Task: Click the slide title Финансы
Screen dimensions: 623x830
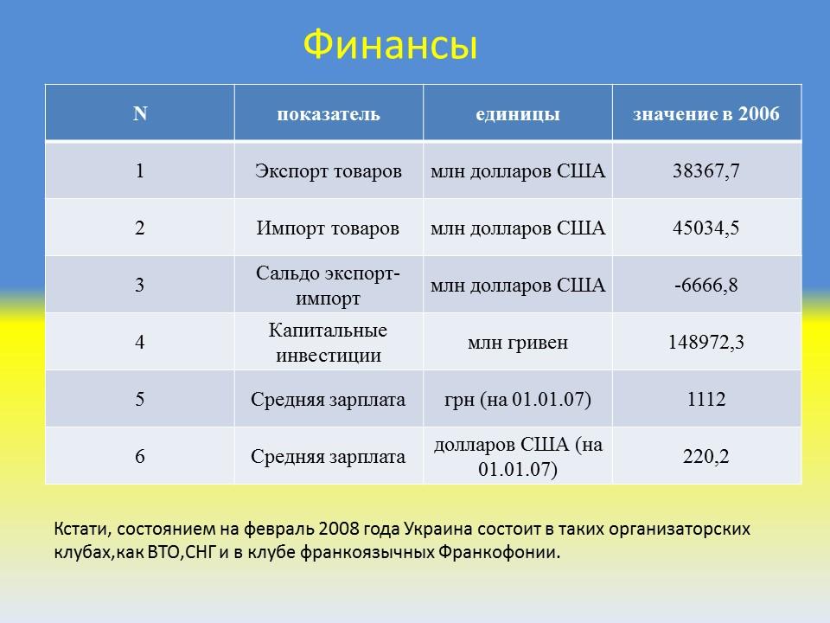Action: click(x=391, y=46)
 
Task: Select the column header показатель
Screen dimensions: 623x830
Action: click(x=328, y=114)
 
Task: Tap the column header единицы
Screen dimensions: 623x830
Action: click(x=517, y=114)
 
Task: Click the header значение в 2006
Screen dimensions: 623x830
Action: click(x=705, y=114)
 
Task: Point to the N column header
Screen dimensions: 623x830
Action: click(x=139, y=114)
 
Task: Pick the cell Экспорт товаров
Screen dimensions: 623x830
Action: click(x=328, y=171)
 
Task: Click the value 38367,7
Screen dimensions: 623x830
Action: click(x=705, y=171)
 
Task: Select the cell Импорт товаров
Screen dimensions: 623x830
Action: click(x=328, y=228)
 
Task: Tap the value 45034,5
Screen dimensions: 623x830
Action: click(x=705, y=228)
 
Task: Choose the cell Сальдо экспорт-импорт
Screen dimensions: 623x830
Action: click(x=328, y=286)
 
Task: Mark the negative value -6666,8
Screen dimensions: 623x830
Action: click(x=705, y=286)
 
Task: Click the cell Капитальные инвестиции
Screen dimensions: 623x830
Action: click(x=328, y=343)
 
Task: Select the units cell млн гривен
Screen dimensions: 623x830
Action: click(x=517, y=343)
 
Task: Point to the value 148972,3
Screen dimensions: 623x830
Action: click(x=705, y=343)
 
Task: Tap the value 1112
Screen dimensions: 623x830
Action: click(x=705, y=400)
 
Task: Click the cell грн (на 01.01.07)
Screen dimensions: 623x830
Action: click(x=517, y=400)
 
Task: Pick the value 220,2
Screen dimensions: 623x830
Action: click(x=705, y=456)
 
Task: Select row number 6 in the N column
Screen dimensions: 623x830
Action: click(x=139, y=456)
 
